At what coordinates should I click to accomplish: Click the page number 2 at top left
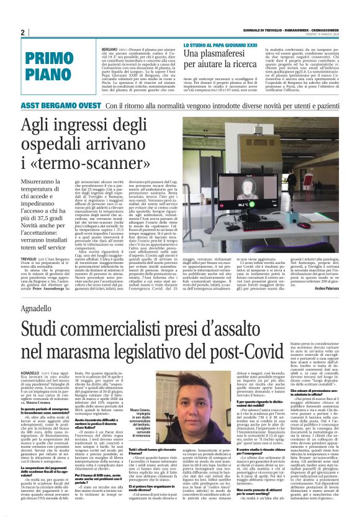22,33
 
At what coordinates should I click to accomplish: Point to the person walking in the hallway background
292,181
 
